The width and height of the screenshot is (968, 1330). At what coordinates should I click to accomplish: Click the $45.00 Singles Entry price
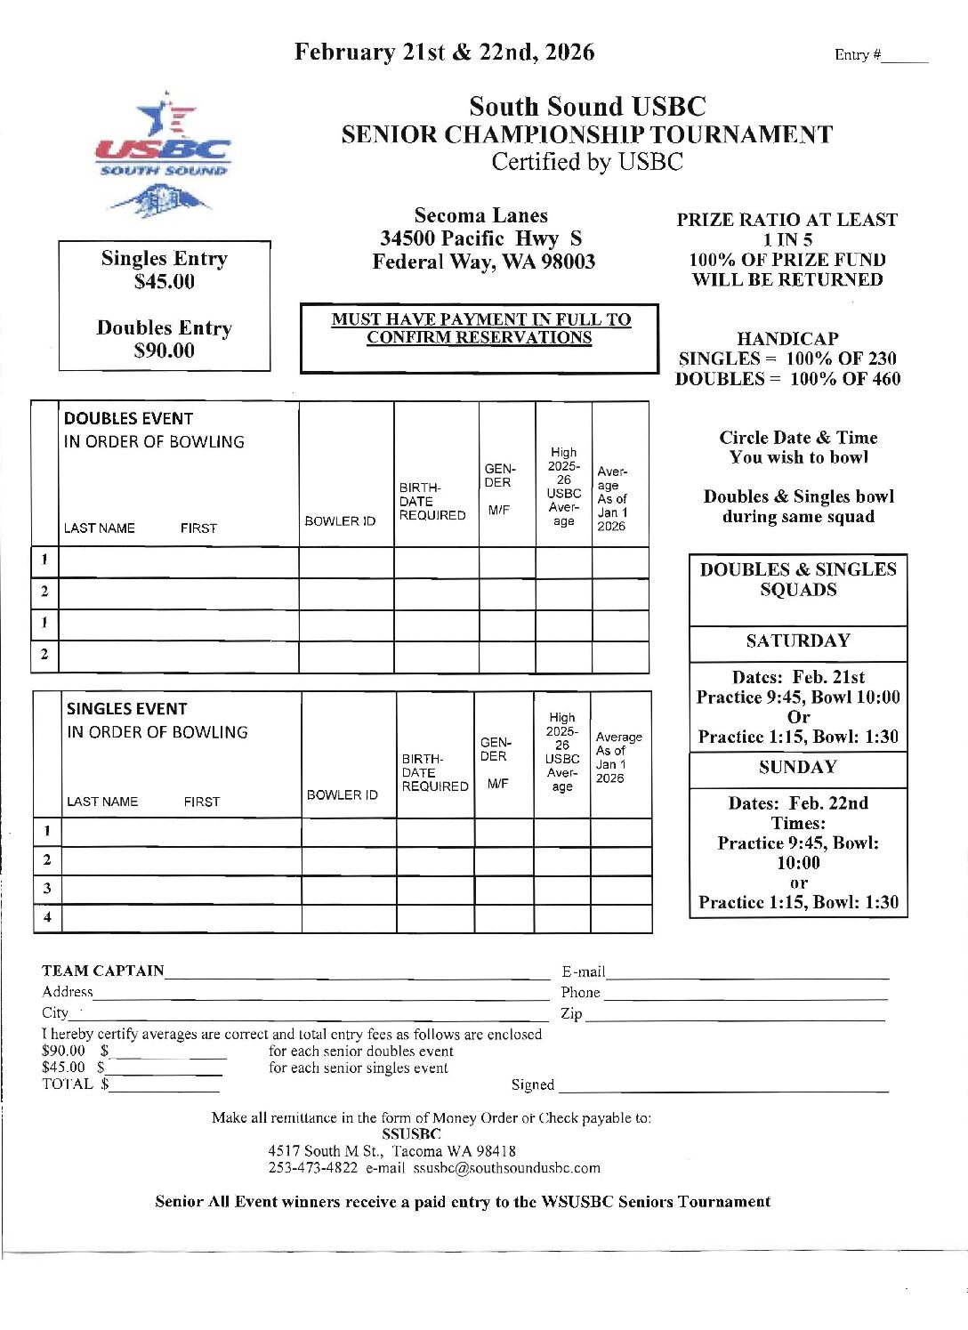tap(165, 282)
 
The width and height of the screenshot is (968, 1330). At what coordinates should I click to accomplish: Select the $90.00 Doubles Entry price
tap(165, 351)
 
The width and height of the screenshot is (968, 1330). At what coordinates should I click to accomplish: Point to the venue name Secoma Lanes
tap(481, 215)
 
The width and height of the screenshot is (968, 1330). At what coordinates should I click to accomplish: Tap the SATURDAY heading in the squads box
tap(798, 641)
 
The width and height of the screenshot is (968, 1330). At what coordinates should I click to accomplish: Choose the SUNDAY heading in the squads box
tap(798, 768)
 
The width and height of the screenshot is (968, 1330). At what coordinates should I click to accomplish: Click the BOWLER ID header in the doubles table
tap(340, 521)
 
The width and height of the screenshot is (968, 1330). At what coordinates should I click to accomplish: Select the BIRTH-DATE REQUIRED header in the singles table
tap(434, 773)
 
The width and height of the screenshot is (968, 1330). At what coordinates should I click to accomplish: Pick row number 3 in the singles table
tap(47, 888)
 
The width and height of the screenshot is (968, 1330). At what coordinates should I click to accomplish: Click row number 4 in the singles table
tap(47, 916)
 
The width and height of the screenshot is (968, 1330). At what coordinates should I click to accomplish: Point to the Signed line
tap(722, 1087)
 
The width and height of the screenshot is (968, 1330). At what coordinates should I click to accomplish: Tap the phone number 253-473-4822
tap(313, 1168)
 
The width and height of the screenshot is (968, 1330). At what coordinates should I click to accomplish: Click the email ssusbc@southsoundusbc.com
tap(506, 1168)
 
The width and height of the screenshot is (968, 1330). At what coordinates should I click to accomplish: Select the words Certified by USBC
tap(587, 162)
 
